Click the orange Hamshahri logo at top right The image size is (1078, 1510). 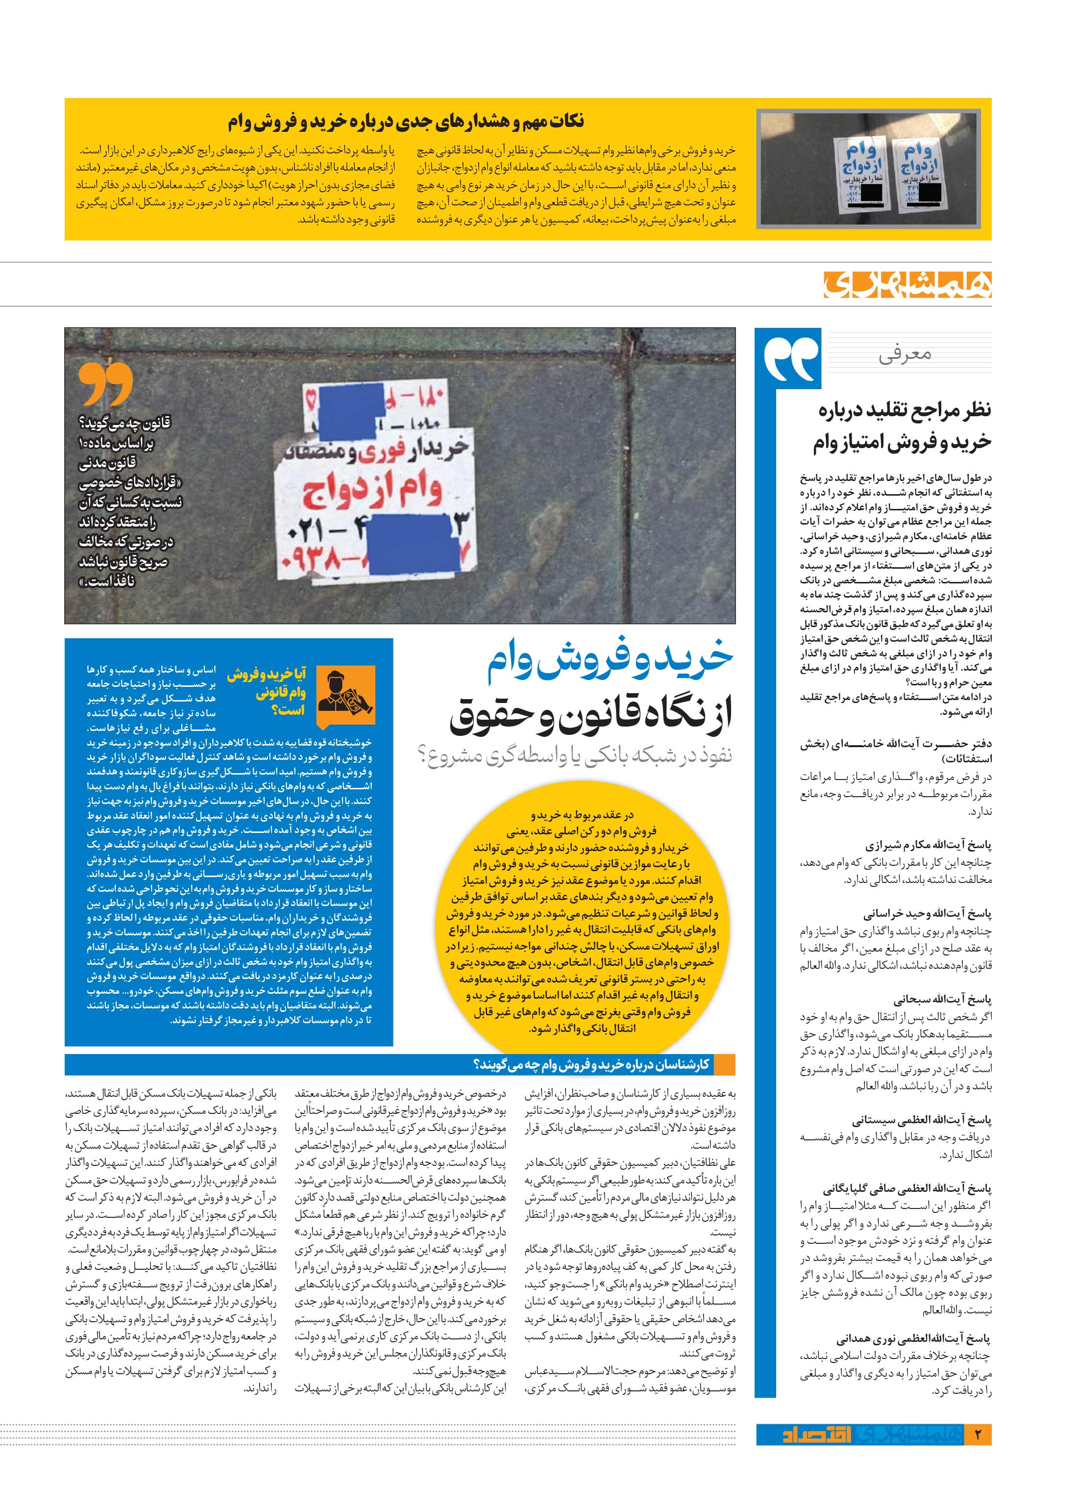point(906,284)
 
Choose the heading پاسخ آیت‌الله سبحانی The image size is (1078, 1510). point(941,999)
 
